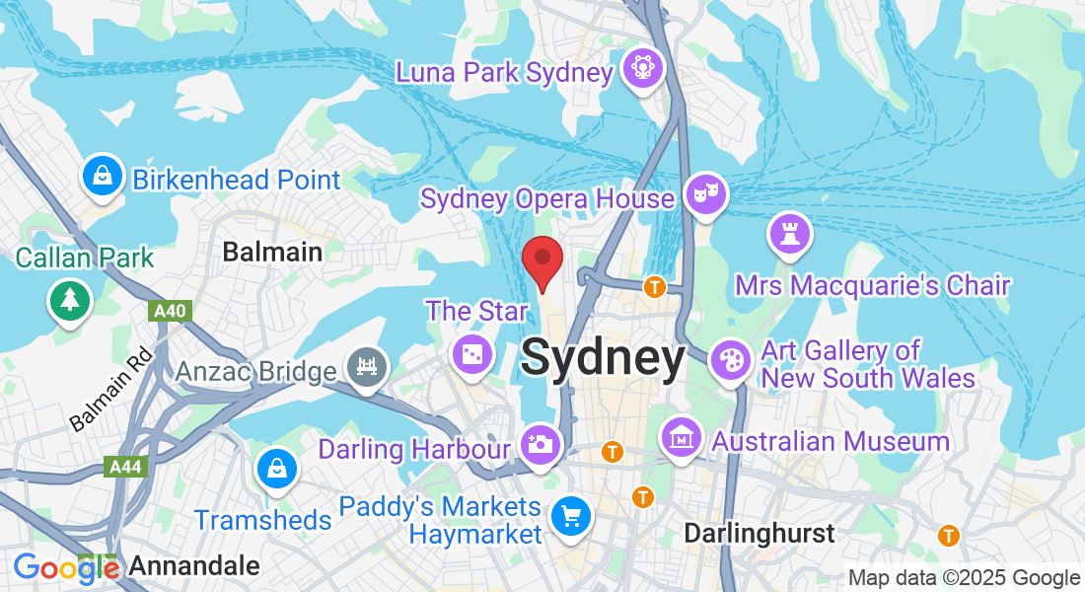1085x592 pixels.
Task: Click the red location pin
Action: (542, 259)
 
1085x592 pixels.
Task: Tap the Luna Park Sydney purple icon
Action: (643, 69)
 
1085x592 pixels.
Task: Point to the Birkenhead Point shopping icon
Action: (102, 177)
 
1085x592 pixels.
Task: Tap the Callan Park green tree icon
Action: (69, 299)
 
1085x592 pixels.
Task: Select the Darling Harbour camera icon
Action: (540, 443)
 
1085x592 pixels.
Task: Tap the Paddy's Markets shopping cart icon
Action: (570, 515)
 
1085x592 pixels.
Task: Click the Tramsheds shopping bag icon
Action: (276, 470)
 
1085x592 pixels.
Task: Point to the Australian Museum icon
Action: (681, 437)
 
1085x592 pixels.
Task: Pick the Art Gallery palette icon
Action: (731, 358)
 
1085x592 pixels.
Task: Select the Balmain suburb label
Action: (272, 252)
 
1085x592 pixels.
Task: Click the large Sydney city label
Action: (603, 357)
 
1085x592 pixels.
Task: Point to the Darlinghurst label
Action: (759, 534)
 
